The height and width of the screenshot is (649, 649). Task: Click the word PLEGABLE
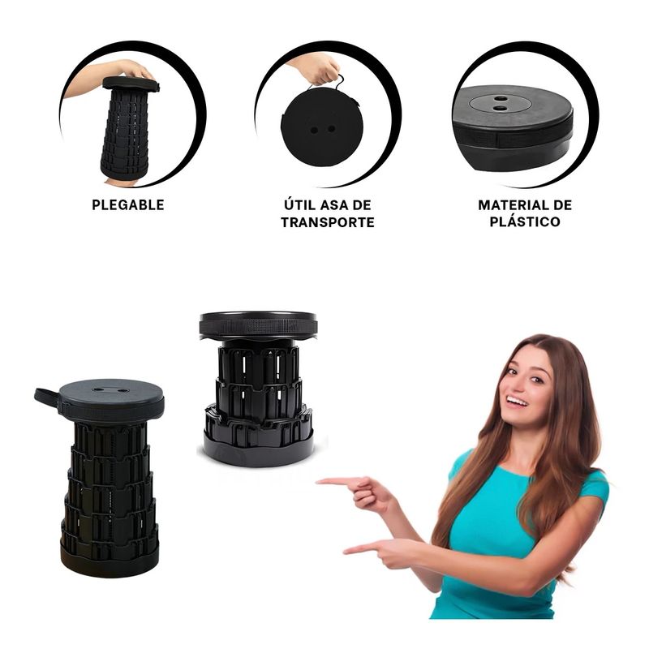(128, 205)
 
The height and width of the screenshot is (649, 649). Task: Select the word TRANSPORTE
(328, 222)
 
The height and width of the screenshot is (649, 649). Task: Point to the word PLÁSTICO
(525, 221)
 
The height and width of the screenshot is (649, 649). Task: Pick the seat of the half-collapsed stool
(259, 325)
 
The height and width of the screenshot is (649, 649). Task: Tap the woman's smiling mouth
(518, 402)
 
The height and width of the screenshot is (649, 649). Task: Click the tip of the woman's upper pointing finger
(317, 481)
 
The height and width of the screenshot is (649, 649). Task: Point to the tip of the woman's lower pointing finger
(346, 552)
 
